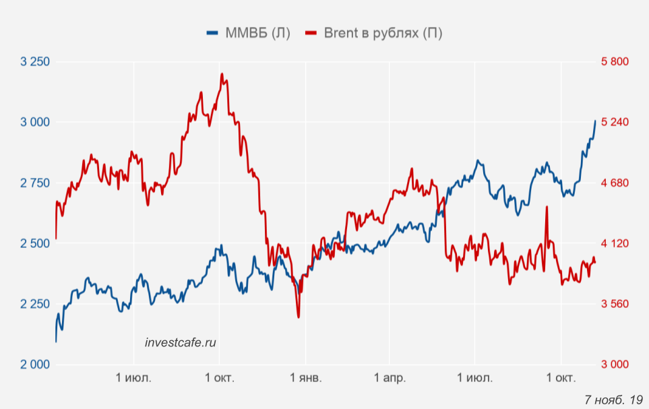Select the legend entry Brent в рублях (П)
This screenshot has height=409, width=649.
click(x=374, y=33)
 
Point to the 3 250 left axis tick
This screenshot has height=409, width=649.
click(x=36, y=62)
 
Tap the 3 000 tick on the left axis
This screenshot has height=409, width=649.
click(x=36, y=123)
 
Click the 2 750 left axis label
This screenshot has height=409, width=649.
click(x=36, y=183)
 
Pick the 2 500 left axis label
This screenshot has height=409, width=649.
click(x=36, y=243)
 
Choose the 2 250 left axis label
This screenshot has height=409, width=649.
click(x=36, y=304)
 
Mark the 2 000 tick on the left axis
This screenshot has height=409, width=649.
click(x=36, y=365)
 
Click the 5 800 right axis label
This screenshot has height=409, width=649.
click(x=615, y=62)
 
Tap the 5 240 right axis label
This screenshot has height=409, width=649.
click(x=615, y=123)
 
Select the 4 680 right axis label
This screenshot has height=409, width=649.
click(x=615, y=183)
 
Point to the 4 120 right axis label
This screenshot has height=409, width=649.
click(x=615, y=243)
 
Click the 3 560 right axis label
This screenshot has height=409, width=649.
click(x=615, y=304)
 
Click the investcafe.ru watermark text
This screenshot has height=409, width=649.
click(x=181, y=342)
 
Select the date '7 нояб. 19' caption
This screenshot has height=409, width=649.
click(x=613, y=400)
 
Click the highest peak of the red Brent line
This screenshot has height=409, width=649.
click(x=222, y=74)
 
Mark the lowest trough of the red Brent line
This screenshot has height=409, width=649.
click(x=298, y=317)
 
